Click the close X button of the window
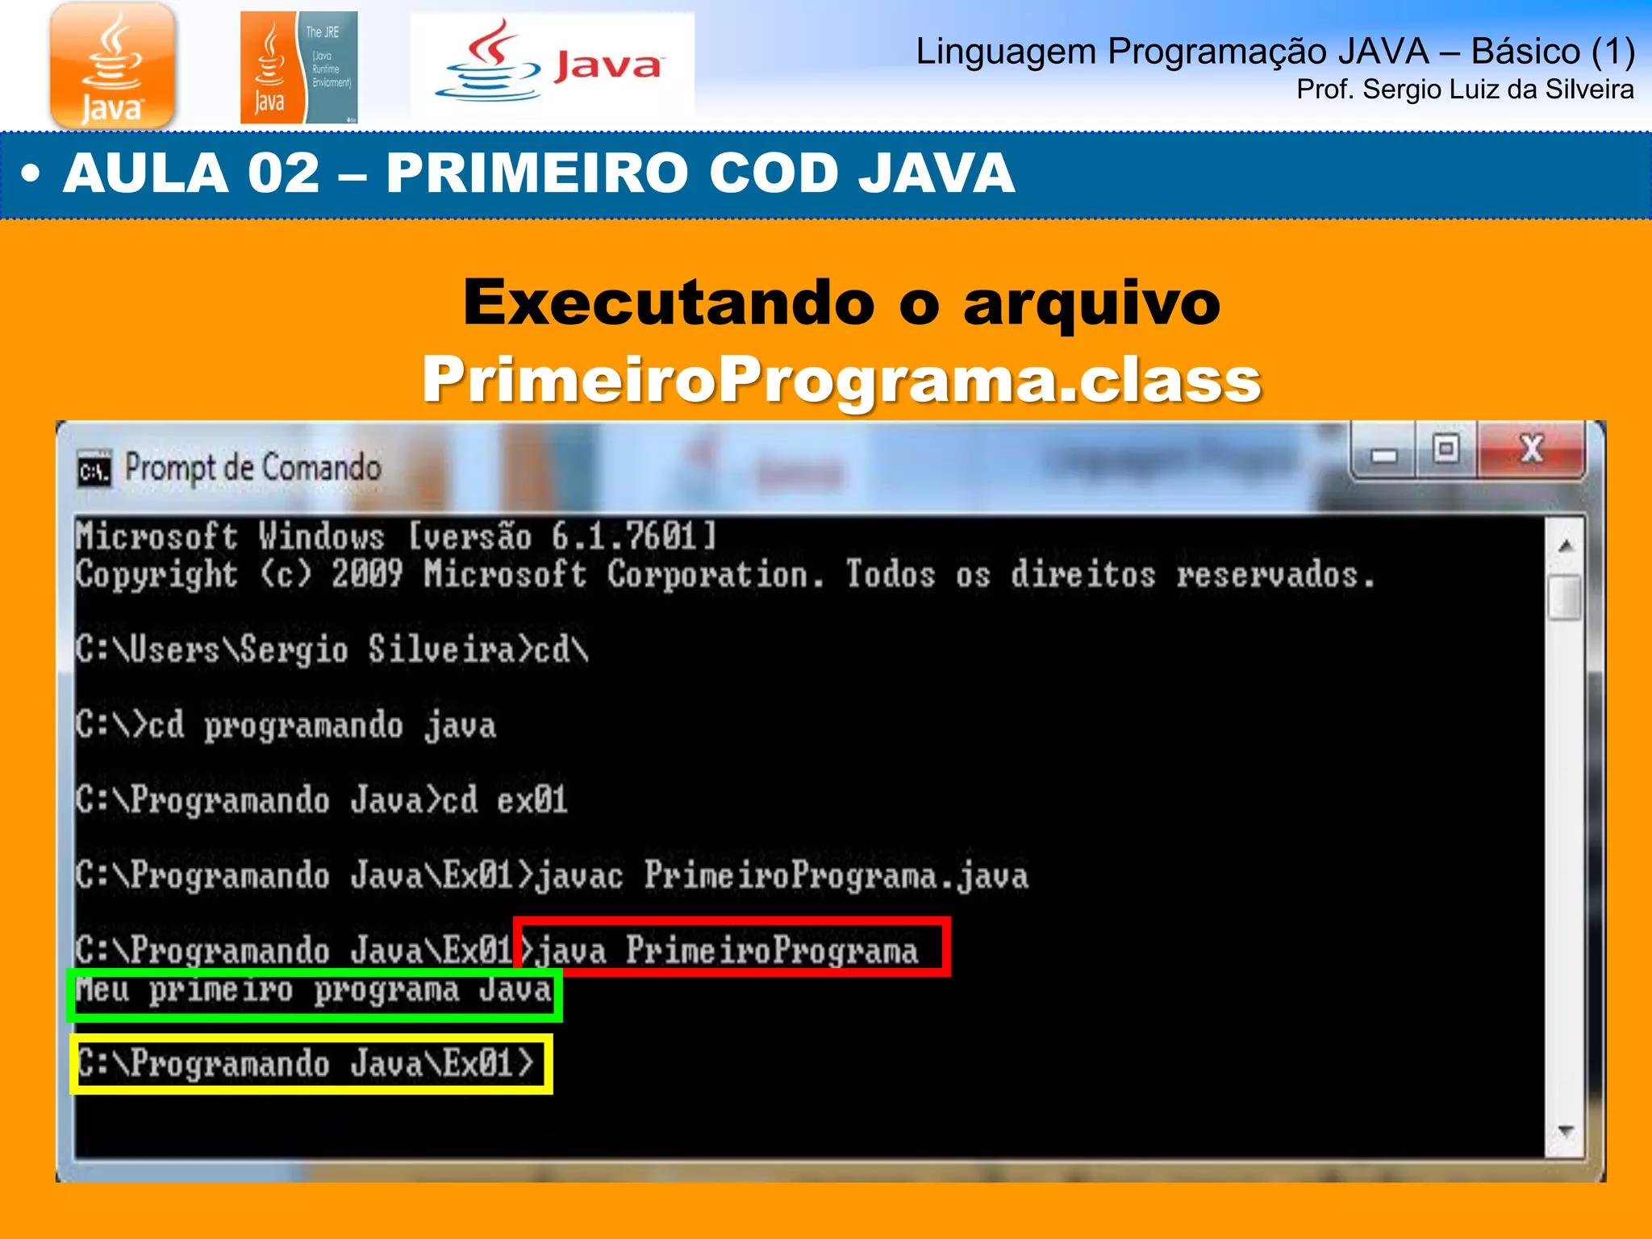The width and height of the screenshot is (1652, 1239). pos(1531,450)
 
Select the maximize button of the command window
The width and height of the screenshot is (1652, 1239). pos(1446,448)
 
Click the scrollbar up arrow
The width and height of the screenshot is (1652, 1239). pos(1566,547)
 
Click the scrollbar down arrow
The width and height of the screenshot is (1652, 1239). pos(1566,1131)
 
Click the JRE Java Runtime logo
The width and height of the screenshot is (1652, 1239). pos(298,68)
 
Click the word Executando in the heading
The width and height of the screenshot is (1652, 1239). pos(669,302)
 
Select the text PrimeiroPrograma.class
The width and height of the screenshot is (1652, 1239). pos(841,379)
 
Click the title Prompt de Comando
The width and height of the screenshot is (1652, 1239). pos(252,468)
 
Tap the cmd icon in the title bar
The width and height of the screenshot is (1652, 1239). pos(94,469)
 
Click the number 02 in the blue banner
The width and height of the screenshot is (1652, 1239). pos(284,173)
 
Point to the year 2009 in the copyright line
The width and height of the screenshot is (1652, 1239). pos(367,574)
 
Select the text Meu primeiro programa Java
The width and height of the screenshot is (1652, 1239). pos(314,991)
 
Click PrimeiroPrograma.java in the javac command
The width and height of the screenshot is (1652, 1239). pos(836,876)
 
